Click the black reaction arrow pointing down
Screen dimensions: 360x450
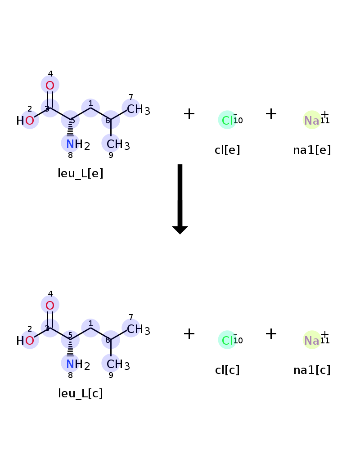pyautogui.click(x=180, y=199)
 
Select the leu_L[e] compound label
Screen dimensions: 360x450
pyautogui.click(x=81, y=173)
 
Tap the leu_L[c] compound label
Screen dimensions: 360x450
pyautogui.click(x=81, y=393)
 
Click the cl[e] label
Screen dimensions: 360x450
pyautogui.click(x=227, y=150)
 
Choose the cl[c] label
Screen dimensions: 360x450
pyautogui.click(x=227, y=370)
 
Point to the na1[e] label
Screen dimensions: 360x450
pyautogui.click(x=312, y=150)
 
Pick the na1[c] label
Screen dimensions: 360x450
pyautogui.click(x=312, y=370)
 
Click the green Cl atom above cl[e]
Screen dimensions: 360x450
pyautogui.click(x=228, y=120)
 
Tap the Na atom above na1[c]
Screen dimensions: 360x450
pyautogui.click(x=312, y=341)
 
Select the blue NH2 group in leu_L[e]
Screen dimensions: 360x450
pyautogui.click(x=78, y=144)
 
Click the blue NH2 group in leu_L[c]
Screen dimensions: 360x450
pyautogui.click(x=78, y=364)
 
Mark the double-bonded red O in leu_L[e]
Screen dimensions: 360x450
pyautogui.click(x=50, y=85)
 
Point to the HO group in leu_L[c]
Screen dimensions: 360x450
pyautogui.click(x=25, y=341)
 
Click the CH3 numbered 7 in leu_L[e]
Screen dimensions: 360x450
pyautogui.click(x=138, y=109)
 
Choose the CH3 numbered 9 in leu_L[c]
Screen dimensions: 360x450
pyautogui.click(x=118, y=364)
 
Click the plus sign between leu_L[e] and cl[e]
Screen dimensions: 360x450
pyautogui.click(x=189, y=114)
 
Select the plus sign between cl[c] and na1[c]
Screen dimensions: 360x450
pyautogui.click(x=271, y=333)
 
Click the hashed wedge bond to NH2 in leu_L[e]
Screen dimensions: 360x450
pyautogui.click(x=70, y=128)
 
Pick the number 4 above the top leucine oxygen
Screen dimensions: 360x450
pyautogui.click(x=50, y=74)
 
